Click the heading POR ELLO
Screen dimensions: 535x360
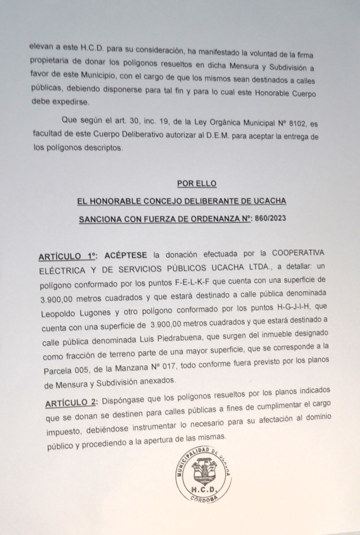click(x=197, y=184)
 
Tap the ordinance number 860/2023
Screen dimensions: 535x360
click(x=269, y=219)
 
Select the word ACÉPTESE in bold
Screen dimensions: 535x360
click(x=126, y=255)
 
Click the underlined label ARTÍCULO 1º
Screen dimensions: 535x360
click(x=68, y=257)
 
